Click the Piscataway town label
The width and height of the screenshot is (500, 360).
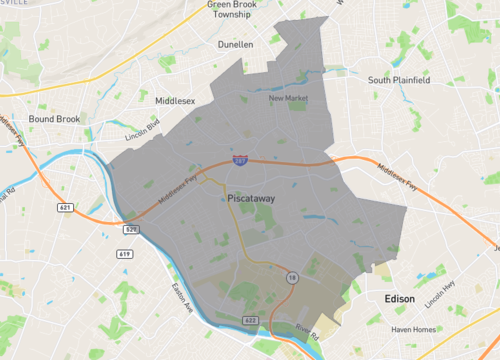click(251, 199)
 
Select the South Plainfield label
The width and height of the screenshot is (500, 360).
click(398, 80)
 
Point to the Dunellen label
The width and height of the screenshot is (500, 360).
click(236, 45)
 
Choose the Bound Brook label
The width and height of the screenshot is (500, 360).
click(54, 119)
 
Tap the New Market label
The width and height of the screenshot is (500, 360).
click(288, 98)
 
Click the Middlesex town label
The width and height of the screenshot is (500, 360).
click(175, 100)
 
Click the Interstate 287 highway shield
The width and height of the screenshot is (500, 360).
click(240, 159)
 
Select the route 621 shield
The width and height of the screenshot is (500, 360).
click(65, 207)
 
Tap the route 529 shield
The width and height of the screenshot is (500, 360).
click(132, 229)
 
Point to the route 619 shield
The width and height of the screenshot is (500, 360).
click(125, 255)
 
